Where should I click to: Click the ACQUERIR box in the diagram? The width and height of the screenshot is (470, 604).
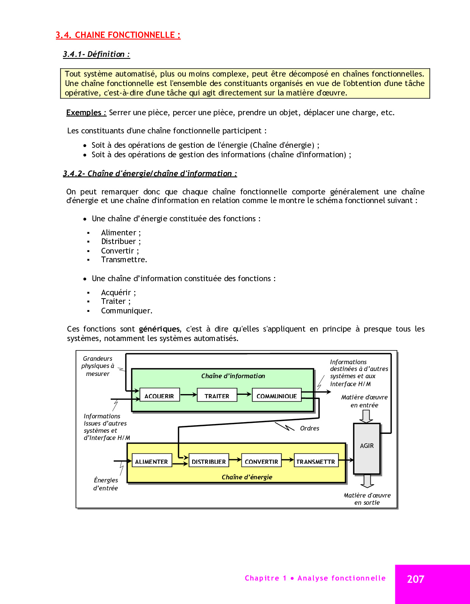159,396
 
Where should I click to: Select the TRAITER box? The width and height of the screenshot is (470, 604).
217,396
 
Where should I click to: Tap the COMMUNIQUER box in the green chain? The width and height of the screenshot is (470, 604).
277,396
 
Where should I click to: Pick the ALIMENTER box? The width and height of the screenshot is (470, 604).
151,461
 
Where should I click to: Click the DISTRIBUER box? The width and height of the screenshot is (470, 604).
208,461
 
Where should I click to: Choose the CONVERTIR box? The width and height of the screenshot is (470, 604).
261,461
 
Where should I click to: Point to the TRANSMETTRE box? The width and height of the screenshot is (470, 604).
316,461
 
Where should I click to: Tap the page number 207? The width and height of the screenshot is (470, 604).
415,579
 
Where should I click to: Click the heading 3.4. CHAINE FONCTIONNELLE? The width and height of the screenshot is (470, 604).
118,35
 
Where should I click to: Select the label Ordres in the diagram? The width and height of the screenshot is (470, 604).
310,428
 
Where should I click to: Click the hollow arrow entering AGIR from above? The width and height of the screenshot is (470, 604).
366,416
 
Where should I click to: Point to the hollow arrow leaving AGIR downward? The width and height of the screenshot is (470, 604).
367,480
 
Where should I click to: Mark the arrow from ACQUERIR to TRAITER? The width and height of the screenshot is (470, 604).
188,395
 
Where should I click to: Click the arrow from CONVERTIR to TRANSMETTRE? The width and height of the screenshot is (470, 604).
288,460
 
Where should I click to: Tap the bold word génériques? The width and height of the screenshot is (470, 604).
159,329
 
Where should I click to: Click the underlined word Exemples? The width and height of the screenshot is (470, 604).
86,113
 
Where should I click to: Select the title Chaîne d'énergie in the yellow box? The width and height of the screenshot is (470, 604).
247,477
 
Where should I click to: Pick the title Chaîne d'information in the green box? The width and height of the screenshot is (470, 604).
233,376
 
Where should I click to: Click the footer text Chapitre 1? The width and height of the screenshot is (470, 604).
265,578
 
